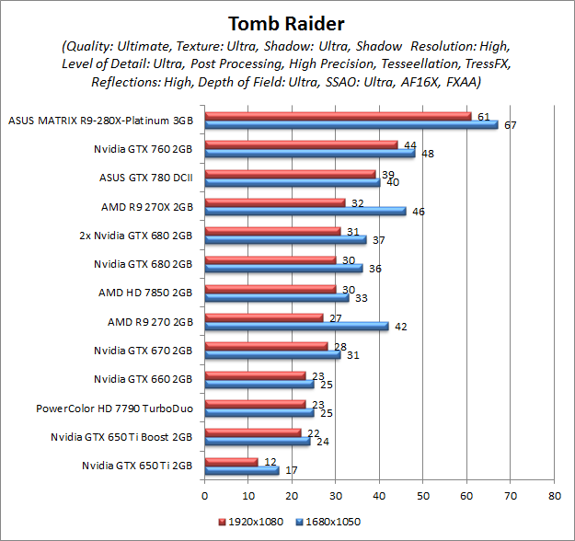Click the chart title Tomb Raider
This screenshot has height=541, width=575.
coord(287,22)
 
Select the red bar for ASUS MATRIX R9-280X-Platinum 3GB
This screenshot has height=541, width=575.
coord(337,116)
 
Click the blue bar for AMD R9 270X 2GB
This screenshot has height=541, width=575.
coord(305,211)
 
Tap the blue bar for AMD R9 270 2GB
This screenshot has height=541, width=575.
coord(295,325)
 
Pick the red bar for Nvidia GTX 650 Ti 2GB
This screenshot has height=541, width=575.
coord(230,461)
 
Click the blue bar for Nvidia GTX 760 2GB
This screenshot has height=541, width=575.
coord(309,153)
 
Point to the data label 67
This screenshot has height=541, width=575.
coord(510,124)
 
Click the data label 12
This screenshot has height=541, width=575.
coord(269,461)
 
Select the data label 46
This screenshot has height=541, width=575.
coord(418,211)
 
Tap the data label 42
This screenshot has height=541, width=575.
coord(400,325)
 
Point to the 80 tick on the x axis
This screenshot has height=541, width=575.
coord(553,495)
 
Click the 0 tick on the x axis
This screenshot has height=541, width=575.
coord(204,495)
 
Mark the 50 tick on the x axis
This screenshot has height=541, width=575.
coord(422,495)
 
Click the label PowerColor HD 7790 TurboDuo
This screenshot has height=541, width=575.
coord(114,408)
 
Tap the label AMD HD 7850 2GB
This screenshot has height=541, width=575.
coord(144,292)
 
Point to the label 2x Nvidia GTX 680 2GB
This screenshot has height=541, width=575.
coord(136,235)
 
